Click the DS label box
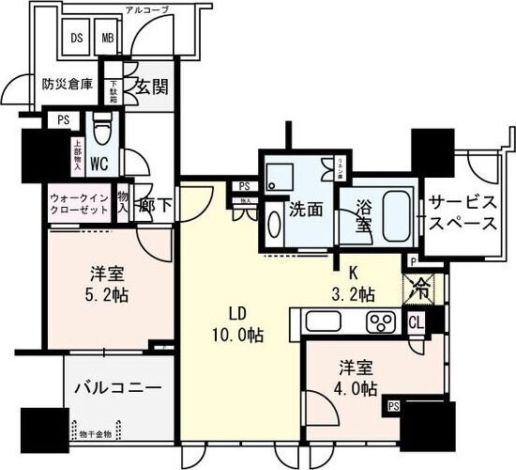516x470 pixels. (78, 40)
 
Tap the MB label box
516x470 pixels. (109, 40)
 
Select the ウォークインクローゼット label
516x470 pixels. (80, 204)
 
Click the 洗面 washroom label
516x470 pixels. (307, 208)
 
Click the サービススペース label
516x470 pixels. (463, 214)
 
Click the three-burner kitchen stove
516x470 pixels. (382, 322)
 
